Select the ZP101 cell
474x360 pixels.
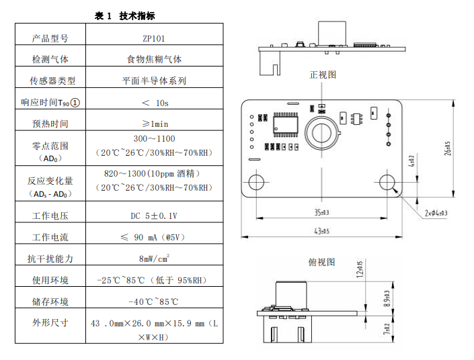155,38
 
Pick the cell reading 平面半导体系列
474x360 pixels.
154,81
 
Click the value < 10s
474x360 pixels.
155,103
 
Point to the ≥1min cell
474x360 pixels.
155,124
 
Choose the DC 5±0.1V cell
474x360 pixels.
154,216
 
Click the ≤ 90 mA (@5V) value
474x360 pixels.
154,237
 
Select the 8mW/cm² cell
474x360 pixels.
154,258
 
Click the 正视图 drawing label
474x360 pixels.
322,75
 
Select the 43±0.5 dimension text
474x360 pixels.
321,232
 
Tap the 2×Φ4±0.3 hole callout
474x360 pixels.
436,213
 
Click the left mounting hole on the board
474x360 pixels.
256,183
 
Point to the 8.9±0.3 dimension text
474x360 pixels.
385,299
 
